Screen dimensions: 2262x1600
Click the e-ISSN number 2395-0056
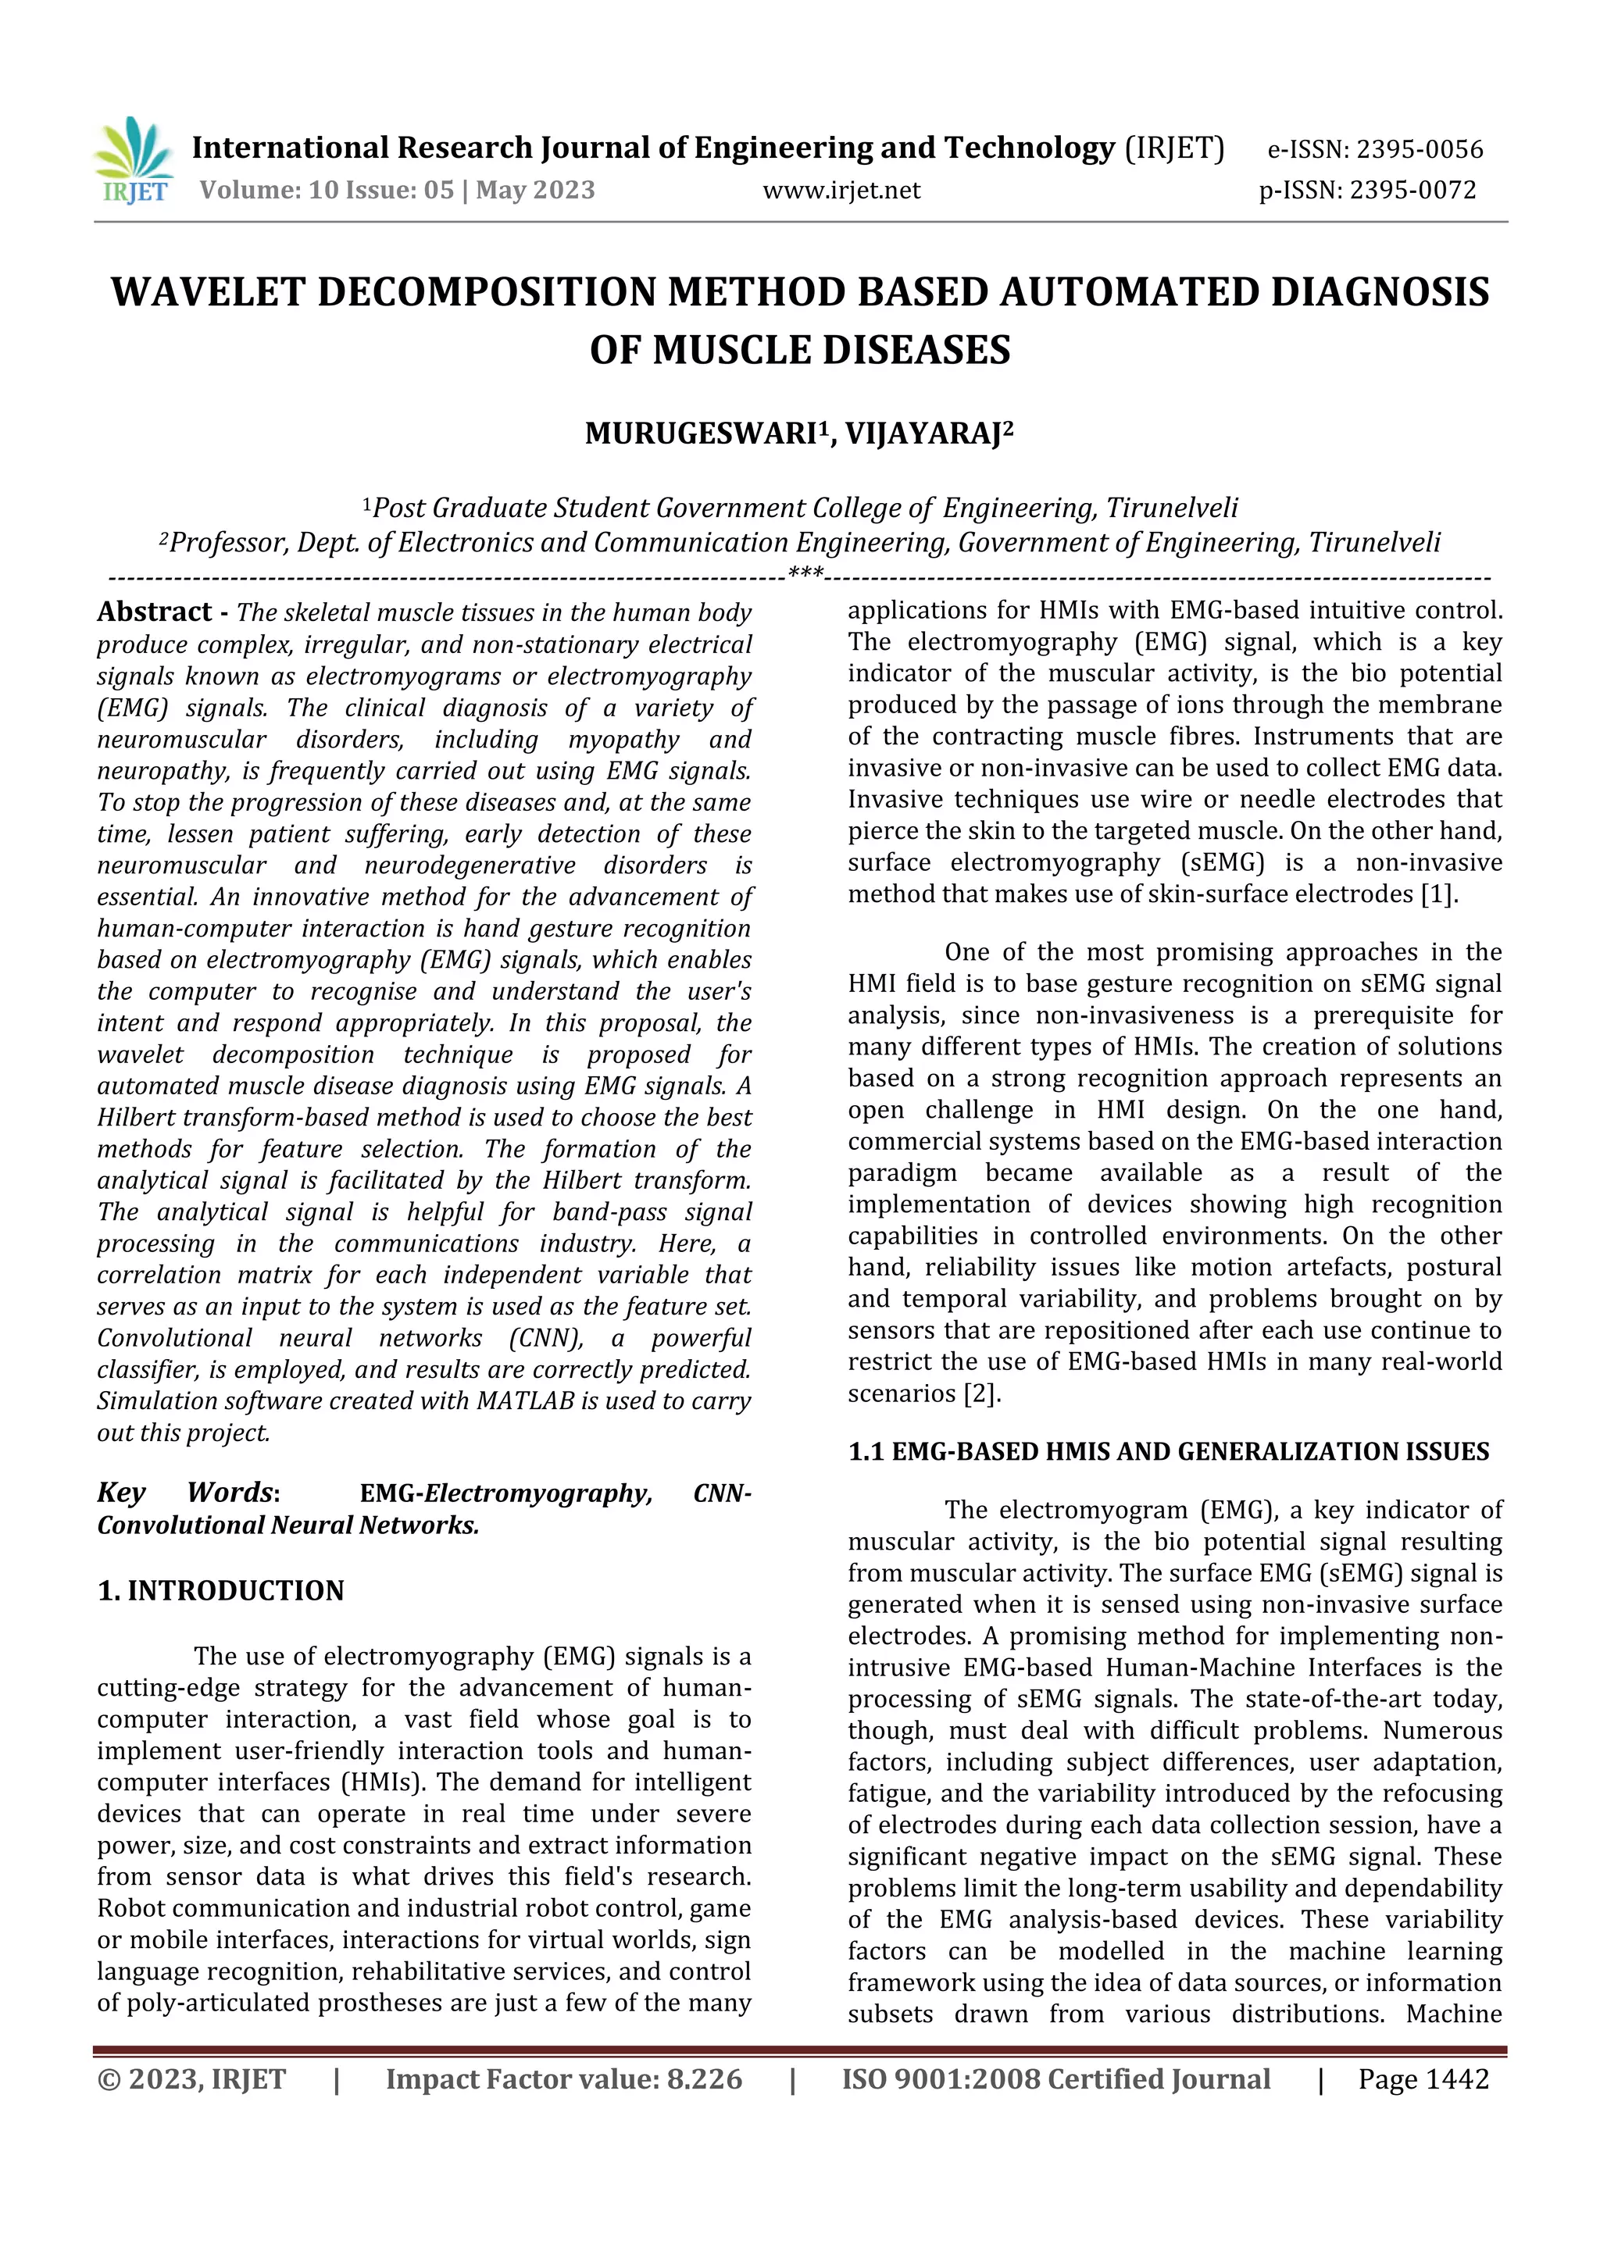tap(1419, 150)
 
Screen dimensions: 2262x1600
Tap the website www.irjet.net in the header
tap(841, 190)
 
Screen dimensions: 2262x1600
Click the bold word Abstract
tap(154, 612)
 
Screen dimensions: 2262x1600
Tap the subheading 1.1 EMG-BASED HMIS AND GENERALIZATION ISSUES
tap(1169, 1451)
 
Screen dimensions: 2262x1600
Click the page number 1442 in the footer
tap(1456, 2078)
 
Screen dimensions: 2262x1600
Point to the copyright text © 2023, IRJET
tap(191, 2078)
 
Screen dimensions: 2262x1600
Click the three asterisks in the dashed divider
tap(806, 573)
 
